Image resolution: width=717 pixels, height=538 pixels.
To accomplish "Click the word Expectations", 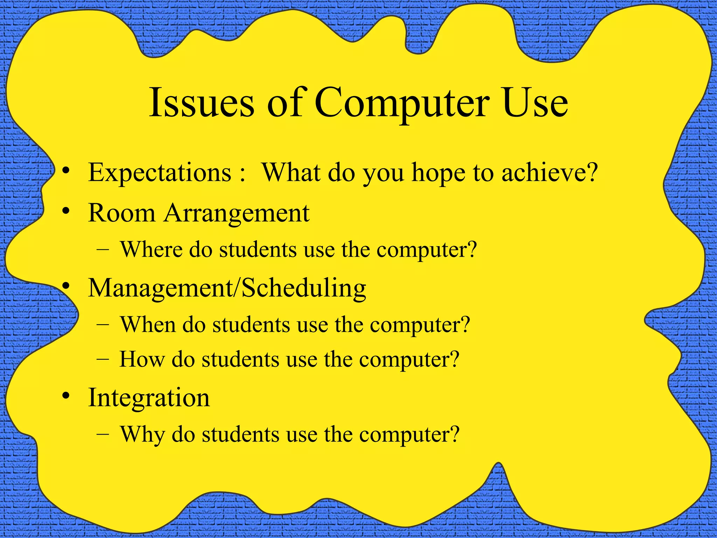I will click(x=160, y=172).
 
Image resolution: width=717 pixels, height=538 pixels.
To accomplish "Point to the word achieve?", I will click(x=549, y=172).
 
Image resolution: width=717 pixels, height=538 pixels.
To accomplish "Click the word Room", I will click(x=121, y=213).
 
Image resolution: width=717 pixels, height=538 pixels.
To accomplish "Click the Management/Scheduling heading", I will click(x=227, y=288).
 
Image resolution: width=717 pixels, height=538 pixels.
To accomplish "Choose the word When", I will click(x=148, y=324).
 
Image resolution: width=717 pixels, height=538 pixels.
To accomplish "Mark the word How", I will click(x=142, y=359).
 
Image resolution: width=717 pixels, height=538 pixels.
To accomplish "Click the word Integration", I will click(x=149, y=398).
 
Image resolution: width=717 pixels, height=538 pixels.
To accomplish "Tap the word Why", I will click(x=142, y=435).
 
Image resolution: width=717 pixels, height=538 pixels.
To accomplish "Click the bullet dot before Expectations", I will click(x=65, y=171).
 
